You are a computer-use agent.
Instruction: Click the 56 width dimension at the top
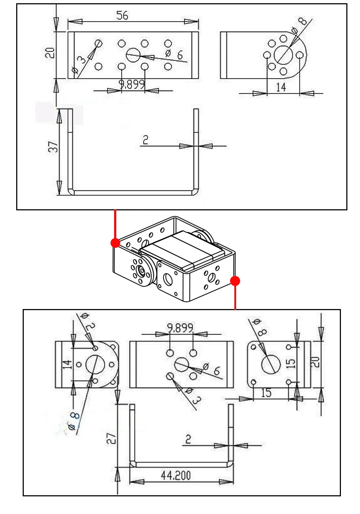[x=122, y=15]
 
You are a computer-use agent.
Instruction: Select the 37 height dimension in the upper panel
[x=53, y=147]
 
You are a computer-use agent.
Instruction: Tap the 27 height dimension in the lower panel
[x=111, y=438]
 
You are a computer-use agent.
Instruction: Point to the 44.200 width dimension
[x=176, y=475]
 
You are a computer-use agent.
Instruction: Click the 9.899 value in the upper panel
[x=132, y=84]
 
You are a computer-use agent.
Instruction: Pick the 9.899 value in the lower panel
[x=180, y=328]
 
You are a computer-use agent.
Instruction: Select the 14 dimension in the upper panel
[x=281, y=87]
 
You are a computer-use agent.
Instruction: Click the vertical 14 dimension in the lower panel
[x=68, y=365]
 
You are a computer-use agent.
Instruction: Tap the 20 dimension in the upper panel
[x=50, y=53]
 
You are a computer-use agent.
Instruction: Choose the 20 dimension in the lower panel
[x=315, y=362]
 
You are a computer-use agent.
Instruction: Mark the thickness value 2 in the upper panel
[x=145, y=140]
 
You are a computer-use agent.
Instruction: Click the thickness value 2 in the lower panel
[x=188, y=439]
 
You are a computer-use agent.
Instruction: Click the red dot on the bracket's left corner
[x=115, y=243]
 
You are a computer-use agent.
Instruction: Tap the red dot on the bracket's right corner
[x=235, y=281]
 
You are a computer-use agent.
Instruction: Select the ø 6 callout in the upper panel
[x=175, y=54]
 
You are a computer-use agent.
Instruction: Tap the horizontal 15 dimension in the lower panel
[x=266, y=393]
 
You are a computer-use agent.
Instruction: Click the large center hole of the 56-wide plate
[x=133, y=55]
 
